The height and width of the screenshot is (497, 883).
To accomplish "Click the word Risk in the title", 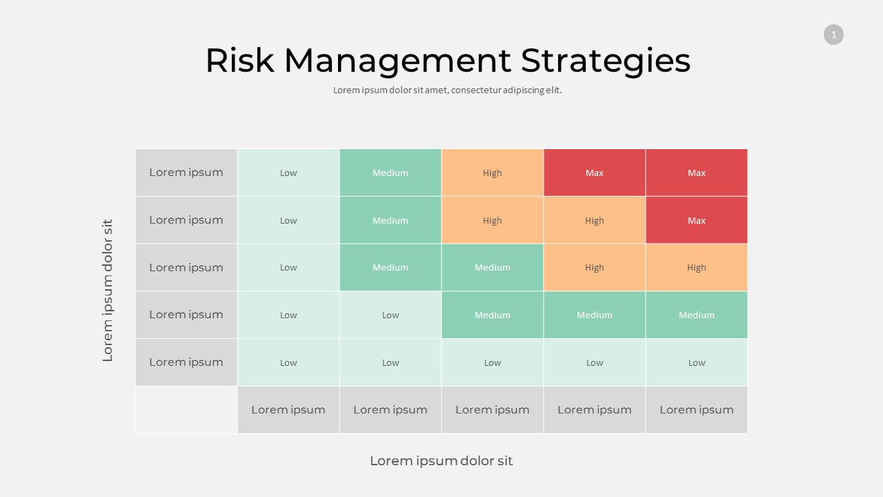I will (239, 61).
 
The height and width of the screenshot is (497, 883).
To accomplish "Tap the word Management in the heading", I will (397, 61).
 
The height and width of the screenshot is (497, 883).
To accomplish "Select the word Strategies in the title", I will (605, 61).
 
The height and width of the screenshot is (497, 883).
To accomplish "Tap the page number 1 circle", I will (833, 35).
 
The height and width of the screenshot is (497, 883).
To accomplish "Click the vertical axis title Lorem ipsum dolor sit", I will (108, 291).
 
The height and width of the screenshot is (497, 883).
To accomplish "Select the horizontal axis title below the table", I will (441, 461).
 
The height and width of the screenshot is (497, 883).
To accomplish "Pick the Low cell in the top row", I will (288, 173).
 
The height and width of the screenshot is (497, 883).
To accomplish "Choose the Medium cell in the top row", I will (390, 173).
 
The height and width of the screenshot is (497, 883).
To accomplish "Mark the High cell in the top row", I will (493, 173).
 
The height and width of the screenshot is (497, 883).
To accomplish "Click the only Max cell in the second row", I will (697, 220).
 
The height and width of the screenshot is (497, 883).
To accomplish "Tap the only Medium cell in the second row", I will (390, 220).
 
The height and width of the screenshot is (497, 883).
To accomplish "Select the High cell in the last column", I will (697, 267).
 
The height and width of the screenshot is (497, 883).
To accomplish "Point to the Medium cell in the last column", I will (697, 315).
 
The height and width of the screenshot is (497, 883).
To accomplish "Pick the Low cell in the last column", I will (697, 362).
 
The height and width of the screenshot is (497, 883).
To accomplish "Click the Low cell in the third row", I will (288, 267).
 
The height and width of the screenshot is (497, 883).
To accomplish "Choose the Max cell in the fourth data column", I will (595, 173).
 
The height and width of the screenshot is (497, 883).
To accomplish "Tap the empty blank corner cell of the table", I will (186, 410).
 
